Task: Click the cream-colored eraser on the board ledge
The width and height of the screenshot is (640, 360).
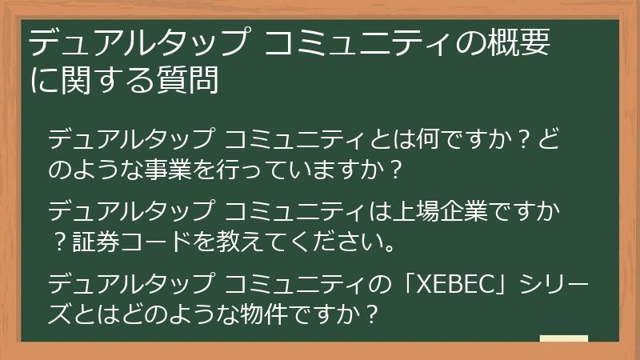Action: tap(564, 339)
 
